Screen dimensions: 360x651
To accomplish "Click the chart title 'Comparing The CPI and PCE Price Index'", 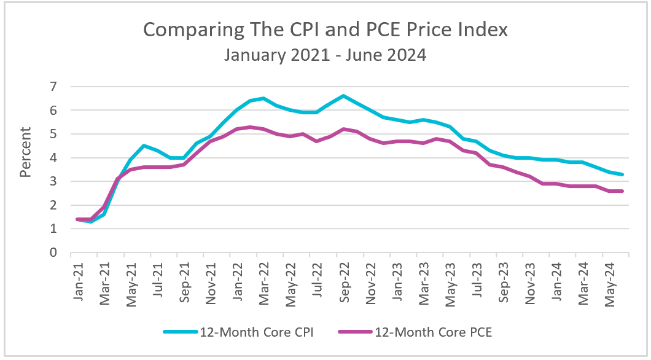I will (x=325, y=29).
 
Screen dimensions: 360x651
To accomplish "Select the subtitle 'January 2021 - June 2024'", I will (x=325, y=55).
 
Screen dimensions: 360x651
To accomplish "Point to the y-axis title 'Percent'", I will (x=25, y=152).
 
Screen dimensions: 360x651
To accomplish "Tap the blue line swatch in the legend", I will (x=181, y=332).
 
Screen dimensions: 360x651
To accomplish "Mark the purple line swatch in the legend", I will (x=355, y=332).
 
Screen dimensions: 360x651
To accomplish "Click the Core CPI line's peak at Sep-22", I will (x=343, y=96).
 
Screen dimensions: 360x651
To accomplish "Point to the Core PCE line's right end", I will (x=623, y=191).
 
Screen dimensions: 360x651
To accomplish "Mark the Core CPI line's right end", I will (x=623, y=174).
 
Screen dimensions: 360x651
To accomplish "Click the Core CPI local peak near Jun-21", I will (x=144, y=146).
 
